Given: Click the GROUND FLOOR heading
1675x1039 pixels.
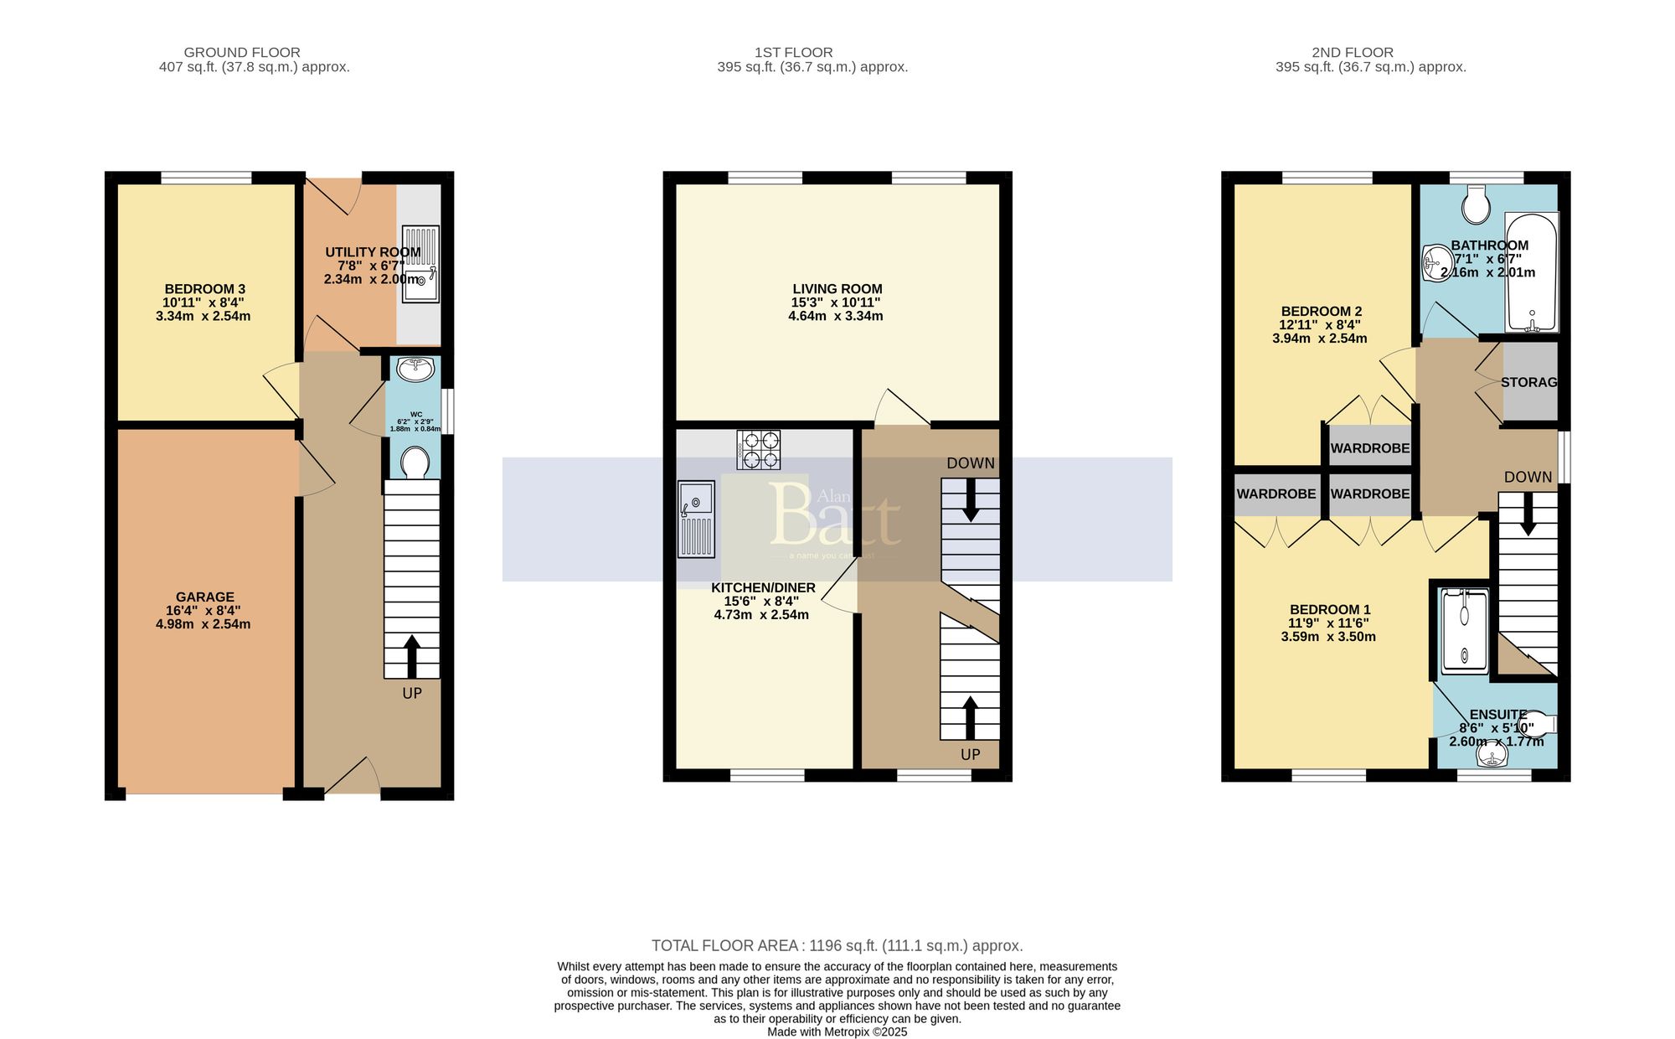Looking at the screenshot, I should click(x=242, y=52).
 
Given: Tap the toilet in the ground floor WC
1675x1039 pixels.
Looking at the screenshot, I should click(x=415, y=462).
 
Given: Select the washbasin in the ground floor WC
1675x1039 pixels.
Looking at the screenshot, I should click(x=415, y=369).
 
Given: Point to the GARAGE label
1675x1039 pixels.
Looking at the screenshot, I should click(x=205, y=597).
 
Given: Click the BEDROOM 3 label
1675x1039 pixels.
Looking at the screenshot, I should click(x=204, y=289).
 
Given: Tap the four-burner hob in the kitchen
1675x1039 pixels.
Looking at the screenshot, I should click(x=759, y=449).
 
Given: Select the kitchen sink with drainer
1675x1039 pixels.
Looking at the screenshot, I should click(x=696, y=518).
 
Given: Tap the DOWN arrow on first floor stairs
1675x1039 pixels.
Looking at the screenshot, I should click(x=971, y=499).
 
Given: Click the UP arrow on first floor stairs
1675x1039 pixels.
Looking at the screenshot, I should click(x=970, y=717).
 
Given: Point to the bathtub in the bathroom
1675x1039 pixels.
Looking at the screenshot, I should click(x=1532, y=272).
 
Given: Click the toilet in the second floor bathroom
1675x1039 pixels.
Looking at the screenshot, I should click(x=1476, y=203).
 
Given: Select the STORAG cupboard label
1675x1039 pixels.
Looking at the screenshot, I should click(x=1529, y=382).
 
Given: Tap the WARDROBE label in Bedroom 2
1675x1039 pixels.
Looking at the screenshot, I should click(x=1370, y=448).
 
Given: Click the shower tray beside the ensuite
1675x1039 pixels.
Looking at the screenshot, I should click(x=1465, y=632).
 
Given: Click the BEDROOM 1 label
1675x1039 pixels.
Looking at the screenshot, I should click(x=1330, y=609).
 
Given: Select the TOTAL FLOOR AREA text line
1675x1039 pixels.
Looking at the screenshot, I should click(x=837, y=945).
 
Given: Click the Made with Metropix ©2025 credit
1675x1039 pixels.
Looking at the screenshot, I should click(x=837, y=1032).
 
